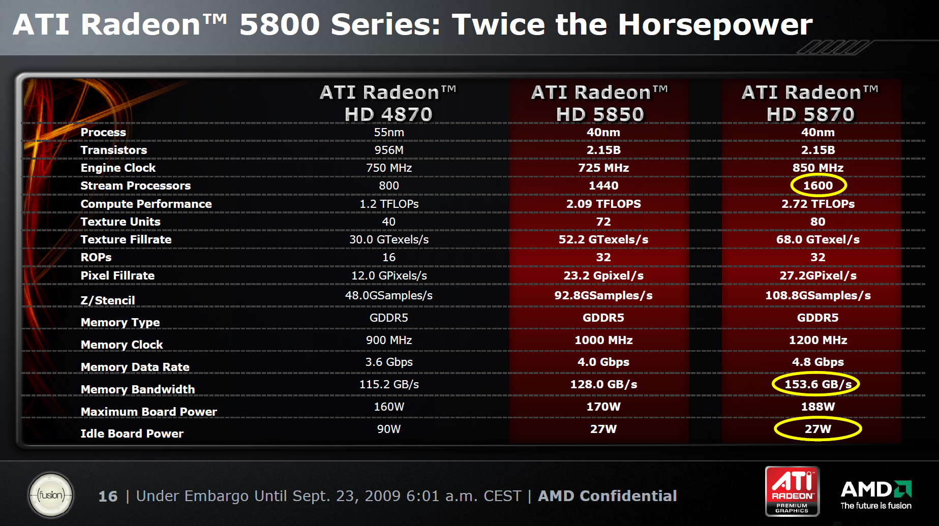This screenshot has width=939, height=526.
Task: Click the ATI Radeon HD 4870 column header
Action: [388, 103]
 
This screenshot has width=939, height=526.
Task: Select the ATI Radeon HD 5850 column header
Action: [600, 103]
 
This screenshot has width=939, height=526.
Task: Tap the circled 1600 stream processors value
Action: [818, 185]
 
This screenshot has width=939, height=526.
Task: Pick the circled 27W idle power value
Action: [817, 429]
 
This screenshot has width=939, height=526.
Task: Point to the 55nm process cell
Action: [389, 132]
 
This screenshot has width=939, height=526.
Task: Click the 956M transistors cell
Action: [389, 150]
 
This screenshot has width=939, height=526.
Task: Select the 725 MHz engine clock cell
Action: [603, 168]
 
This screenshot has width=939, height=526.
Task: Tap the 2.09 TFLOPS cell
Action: [603, 204]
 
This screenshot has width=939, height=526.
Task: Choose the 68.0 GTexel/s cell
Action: [818, 239]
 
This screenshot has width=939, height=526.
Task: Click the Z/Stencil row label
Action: [108, 300]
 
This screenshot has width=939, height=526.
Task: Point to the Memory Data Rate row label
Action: [135, 367]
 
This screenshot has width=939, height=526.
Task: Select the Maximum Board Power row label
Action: [148, 412]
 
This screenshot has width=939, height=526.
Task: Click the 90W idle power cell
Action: [389, 429]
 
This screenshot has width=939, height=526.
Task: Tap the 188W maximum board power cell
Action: [818, 407]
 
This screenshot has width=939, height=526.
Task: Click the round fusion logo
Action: [51, 495]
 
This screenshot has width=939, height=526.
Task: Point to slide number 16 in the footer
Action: [108, 496]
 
